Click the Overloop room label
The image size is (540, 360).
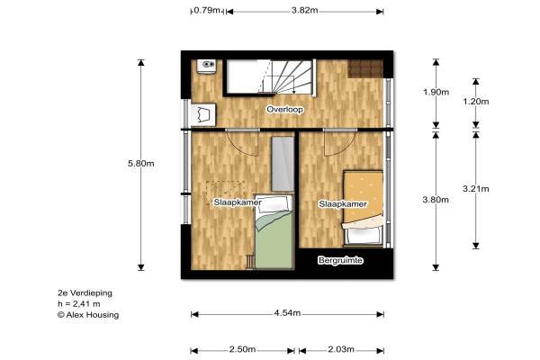click(x=284, y=110)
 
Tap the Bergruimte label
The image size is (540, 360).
click(x=340, y=260)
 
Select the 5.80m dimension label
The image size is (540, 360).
click(x=141, y=163)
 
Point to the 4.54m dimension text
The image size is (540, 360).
click(x=287, y=313)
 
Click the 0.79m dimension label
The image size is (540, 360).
click(x=207, y=10)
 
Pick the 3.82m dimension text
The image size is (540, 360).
click(x=305, y=10)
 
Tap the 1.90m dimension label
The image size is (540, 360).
click(x=436, y=92)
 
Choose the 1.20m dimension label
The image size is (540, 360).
click(x=476, y=102)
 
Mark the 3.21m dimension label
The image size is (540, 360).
click(x=476, y=189)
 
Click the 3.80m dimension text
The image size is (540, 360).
click(x=436, y=200)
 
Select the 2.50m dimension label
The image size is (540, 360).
click(x=242, y=350)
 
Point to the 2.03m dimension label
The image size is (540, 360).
click(x=341, y=350)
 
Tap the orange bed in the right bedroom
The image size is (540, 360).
click(x=363, y=208)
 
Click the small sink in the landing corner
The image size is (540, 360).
click(x=206, y=66)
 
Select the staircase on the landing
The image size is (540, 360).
click(x=270, y=77)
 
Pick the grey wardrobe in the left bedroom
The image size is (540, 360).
click(x=283, y=164)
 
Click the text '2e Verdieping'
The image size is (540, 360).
click(x=85, y=293)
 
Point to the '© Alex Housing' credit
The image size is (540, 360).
click(x=88, y=315)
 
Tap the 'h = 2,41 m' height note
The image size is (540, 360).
click(x=79, y=304)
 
